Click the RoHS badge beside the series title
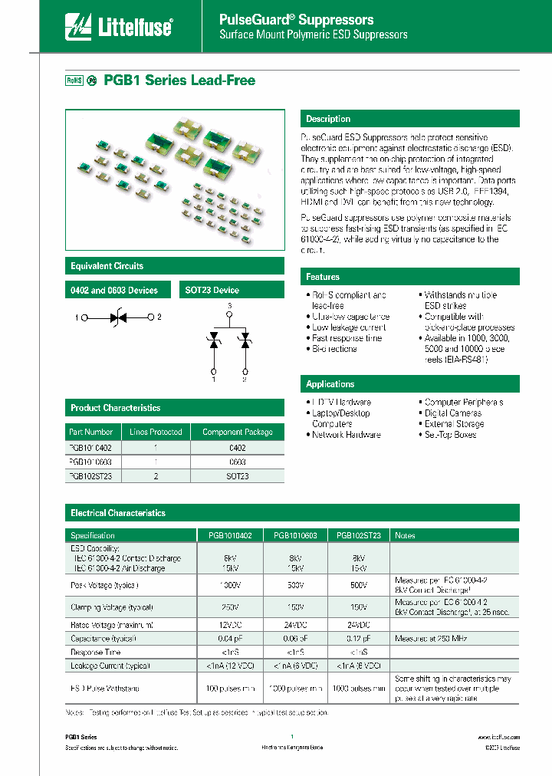click(x=73, y=81)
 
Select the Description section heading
click(x=328, y=119)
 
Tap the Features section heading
click(x=323, y=277)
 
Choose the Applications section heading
click(x=330, y=384)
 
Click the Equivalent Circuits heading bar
click(x=107, y=266)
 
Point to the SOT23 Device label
click(x=212, y=290)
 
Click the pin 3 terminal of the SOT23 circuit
click(x=229, y=314)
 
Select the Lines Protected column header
click(x=156, y=432)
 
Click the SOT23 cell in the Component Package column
click(x=237, y=476)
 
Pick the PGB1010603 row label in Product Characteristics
click(x=91, y=462)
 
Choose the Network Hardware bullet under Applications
click(x=346, y=435)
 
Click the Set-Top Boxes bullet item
click(x=451, y=435)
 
